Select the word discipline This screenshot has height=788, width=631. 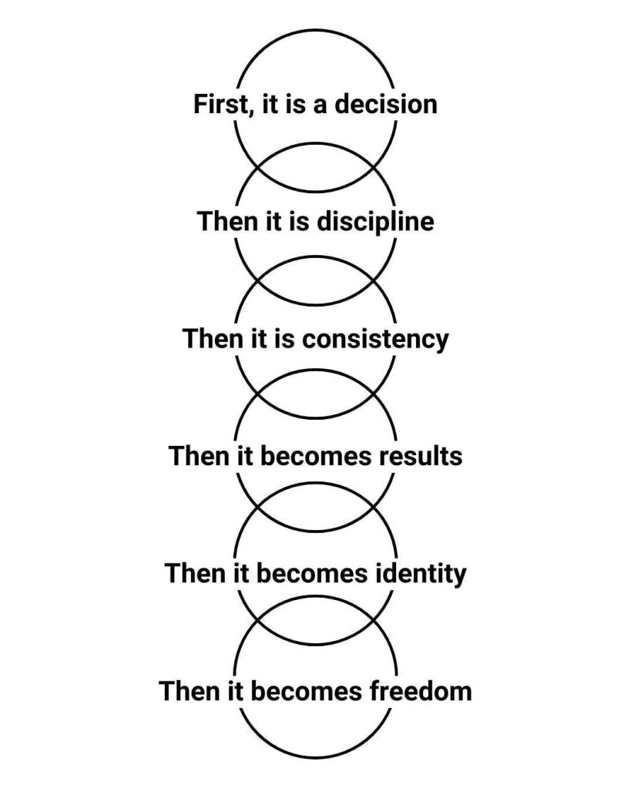click(375, 222)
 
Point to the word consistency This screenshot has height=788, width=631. click(375, 339)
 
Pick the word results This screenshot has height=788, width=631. click(421, 456)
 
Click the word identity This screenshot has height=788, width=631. click(421, 574)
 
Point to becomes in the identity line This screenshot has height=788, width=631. click(312, 573)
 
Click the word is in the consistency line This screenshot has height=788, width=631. click(284, 339)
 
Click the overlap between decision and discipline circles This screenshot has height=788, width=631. click(316, 167)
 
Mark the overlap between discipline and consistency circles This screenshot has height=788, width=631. click(316, 280)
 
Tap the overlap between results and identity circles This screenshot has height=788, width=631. click(316, 507)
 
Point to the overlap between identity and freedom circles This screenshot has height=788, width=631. click(316, 621)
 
